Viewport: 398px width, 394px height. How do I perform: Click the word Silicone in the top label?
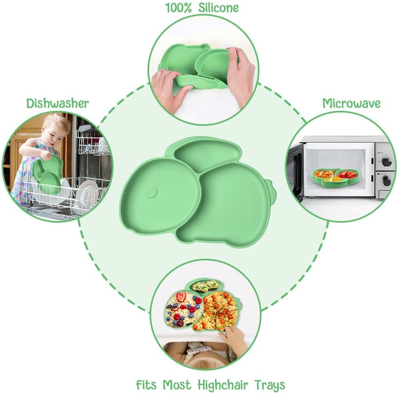click(x=218, y=8)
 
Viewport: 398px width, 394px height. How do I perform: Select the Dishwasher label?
click(x=58, y=103)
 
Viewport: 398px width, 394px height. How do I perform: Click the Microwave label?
click(x=351, y=103)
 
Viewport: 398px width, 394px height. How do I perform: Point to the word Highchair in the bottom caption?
click(x=223, y=385)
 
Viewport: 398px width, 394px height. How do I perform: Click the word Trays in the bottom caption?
click(x=270, y=385)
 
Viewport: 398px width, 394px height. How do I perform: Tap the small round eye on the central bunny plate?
click(x=152, y=193)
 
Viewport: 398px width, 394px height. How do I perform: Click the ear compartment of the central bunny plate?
click(x=207, y=154)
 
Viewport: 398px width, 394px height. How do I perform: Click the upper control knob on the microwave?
click(x=386, y=162)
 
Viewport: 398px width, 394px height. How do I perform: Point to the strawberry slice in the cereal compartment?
click(x=181, y=296)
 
